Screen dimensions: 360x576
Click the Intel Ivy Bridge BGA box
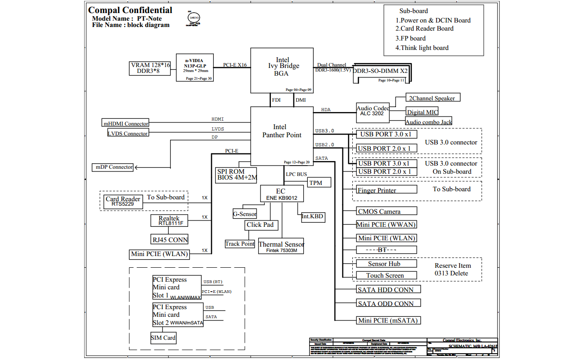281,70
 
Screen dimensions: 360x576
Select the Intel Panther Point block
281,135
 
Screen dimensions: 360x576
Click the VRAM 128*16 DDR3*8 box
150,68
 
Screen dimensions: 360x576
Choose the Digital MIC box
422,112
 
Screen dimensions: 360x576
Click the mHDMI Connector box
126,124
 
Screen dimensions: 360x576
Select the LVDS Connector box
128,134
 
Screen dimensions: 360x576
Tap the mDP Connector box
114,167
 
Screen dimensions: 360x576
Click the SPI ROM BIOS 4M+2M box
237,175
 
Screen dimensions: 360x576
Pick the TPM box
319,183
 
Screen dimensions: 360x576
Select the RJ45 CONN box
169,239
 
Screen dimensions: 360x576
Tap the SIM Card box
163,338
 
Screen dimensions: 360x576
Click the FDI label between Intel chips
276,100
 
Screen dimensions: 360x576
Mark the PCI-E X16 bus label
235,65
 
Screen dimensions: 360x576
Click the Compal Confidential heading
130,10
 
